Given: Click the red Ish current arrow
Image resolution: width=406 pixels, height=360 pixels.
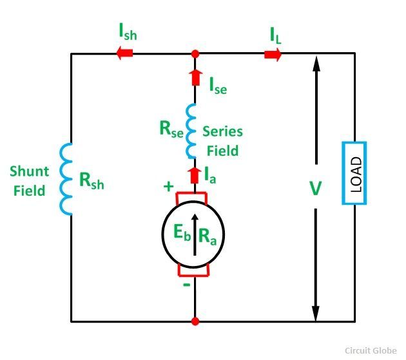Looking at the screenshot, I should point(125,54).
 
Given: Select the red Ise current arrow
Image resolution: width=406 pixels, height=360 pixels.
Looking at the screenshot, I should point(195,79).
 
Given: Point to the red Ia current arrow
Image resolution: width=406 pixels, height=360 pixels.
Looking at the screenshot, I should point(195,174).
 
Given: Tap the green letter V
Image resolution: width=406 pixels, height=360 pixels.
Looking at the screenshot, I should point(316,189).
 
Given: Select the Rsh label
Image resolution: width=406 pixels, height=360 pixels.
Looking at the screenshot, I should point(91,182).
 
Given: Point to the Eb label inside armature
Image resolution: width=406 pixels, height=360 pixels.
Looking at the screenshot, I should point(180,234).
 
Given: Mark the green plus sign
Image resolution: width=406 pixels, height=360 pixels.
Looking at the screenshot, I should point(169,187).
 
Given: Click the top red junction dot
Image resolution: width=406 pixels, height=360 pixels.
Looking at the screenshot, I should point(195,54).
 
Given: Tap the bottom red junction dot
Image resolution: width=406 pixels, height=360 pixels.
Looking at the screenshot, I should point(195,321).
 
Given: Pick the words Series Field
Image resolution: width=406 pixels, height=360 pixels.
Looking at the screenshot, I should point(222,141).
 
